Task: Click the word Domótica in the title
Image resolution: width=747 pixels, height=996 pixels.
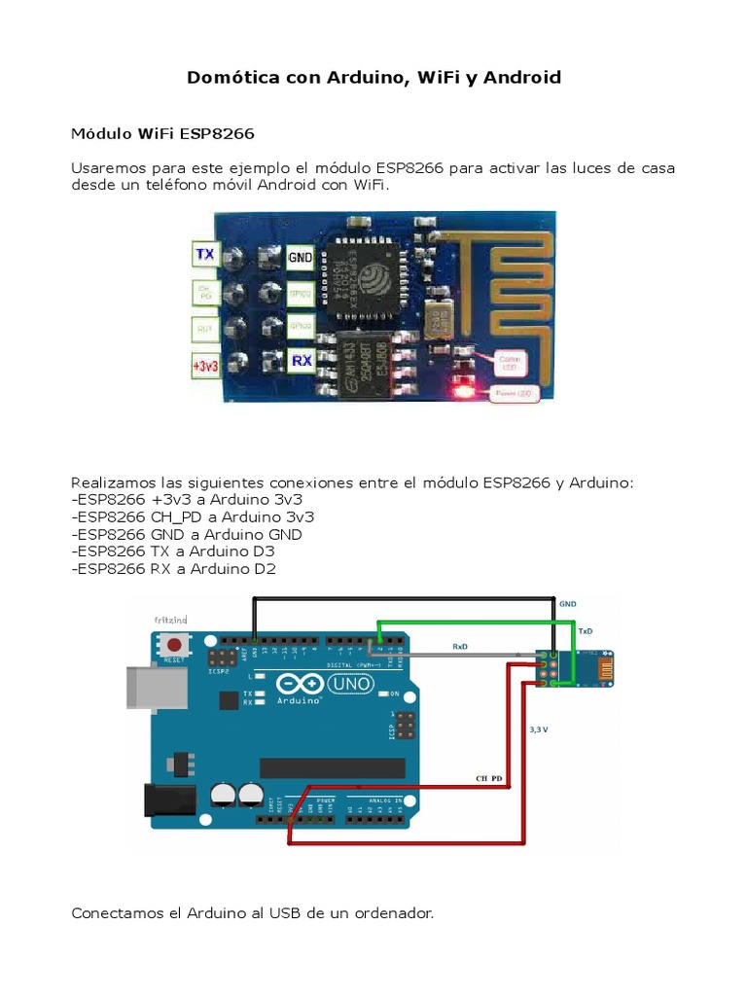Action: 231,78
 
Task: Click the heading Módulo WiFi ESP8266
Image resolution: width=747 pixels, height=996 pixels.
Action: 163,132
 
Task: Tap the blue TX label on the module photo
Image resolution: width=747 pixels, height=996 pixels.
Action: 205,254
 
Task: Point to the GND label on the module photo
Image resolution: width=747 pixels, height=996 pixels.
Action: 300,258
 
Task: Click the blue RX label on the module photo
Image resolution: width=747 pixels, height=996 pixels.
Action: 302,361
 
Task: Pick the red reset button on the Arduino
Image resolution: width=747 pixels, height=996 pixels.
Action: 176,645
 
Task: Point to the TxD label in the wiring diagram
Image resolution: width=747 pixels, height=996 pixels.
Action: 586,630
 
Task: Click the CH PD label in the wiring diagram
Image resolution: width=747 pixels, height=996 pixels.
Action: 489,779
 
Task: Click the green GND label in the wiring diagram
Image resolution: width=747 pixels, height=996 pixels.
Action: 567,604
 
